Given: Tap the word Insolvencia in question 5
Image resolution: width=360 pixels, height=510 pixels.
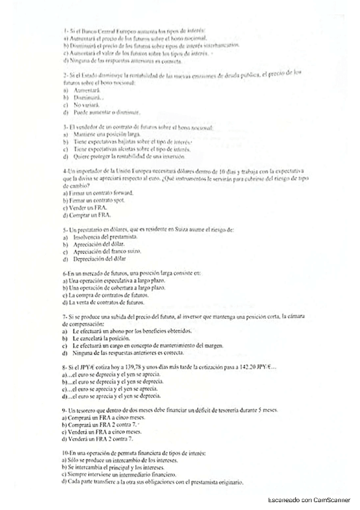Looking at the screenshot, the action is pyautogui.click(x=88, y=238).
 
